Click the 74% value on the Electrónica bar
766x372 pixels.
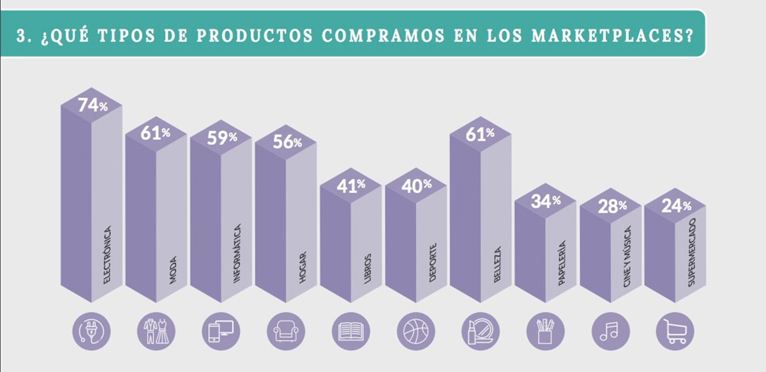pos(93,105)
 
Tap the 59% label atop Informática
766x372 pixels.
pos(222,137)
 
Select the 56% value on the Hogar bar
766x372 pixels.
pos(287,142)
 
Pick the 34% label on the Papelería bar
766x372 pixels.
pos(546,201)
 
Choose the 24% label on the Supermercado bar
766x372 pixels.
pos(676,206)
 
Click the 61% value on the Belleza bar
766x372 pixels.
pos(481,134)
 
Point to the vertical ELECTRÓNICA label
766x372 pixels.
pos(107,254)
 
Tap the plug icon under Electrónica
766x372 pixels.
pos(92,331)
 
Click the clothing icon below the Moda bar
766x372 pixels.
pos(156,331)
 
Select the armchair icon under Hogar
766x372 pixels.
pos(286,331)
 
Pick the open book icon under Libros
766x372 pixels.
pos(351,331)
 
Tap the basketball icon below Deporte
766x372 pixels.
pos(416,331)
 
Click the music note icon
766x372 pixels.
pos(610,331)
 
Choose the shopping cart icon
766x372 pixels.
pos(675,331)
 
